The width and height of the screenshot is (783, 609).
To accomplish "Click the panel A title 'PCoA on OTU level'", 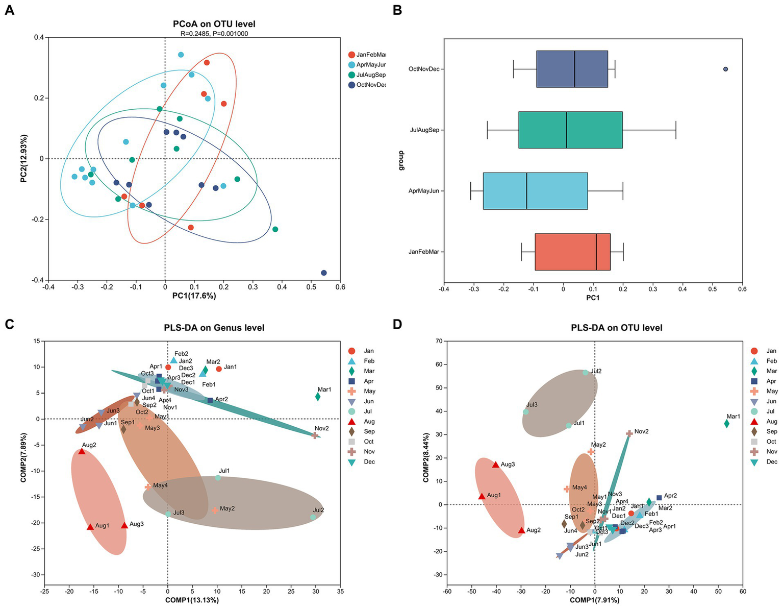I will tap(214, 24).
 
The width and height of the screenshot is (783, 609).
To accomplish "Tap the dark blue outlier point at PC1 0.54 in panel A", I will tap(323, 273).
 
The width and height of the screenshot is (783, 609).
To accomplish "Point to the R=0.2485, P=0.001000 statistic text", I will tap(214, 34).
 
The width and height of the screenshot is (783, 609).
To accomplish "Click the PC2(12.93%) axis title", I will tap(24, 158).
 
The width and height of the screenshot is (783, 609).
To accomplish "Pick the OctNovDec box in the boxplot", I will tap(572, 69).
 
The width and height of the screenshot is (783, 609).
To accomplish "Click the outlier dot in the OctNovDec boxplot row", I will tap(725, 69).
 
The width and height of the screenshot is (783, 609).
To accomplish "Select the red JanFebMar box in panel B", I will tap(572, 252).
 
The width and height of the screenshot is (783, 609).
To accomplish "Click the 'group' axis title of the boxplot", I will tap(401, 160).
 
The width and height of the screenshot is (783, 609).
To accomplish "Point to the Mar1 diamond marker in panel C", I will tap(318, 397).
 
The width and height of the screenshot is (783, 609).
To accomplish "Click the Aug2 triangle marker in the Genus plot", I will tap(82, 451).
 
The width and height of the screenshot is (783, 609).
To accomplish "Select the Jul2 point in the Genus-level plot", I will tap(313, 517).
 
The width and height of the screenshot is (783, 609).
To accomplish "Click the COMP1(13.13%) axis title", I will tap(192, 600).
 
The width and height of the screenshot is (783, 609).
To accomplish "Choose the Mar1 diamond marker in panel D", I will tap(726, 424).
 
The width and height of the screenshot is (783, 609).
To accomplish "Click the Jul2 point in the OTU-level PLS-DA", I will tap(586, 373).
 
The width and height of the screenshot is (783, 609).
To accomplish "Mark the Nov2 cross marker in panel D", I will tap(629, 433).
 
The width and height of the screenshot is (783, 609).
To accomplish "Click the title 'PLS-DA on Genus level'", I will tap(214, 328).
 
